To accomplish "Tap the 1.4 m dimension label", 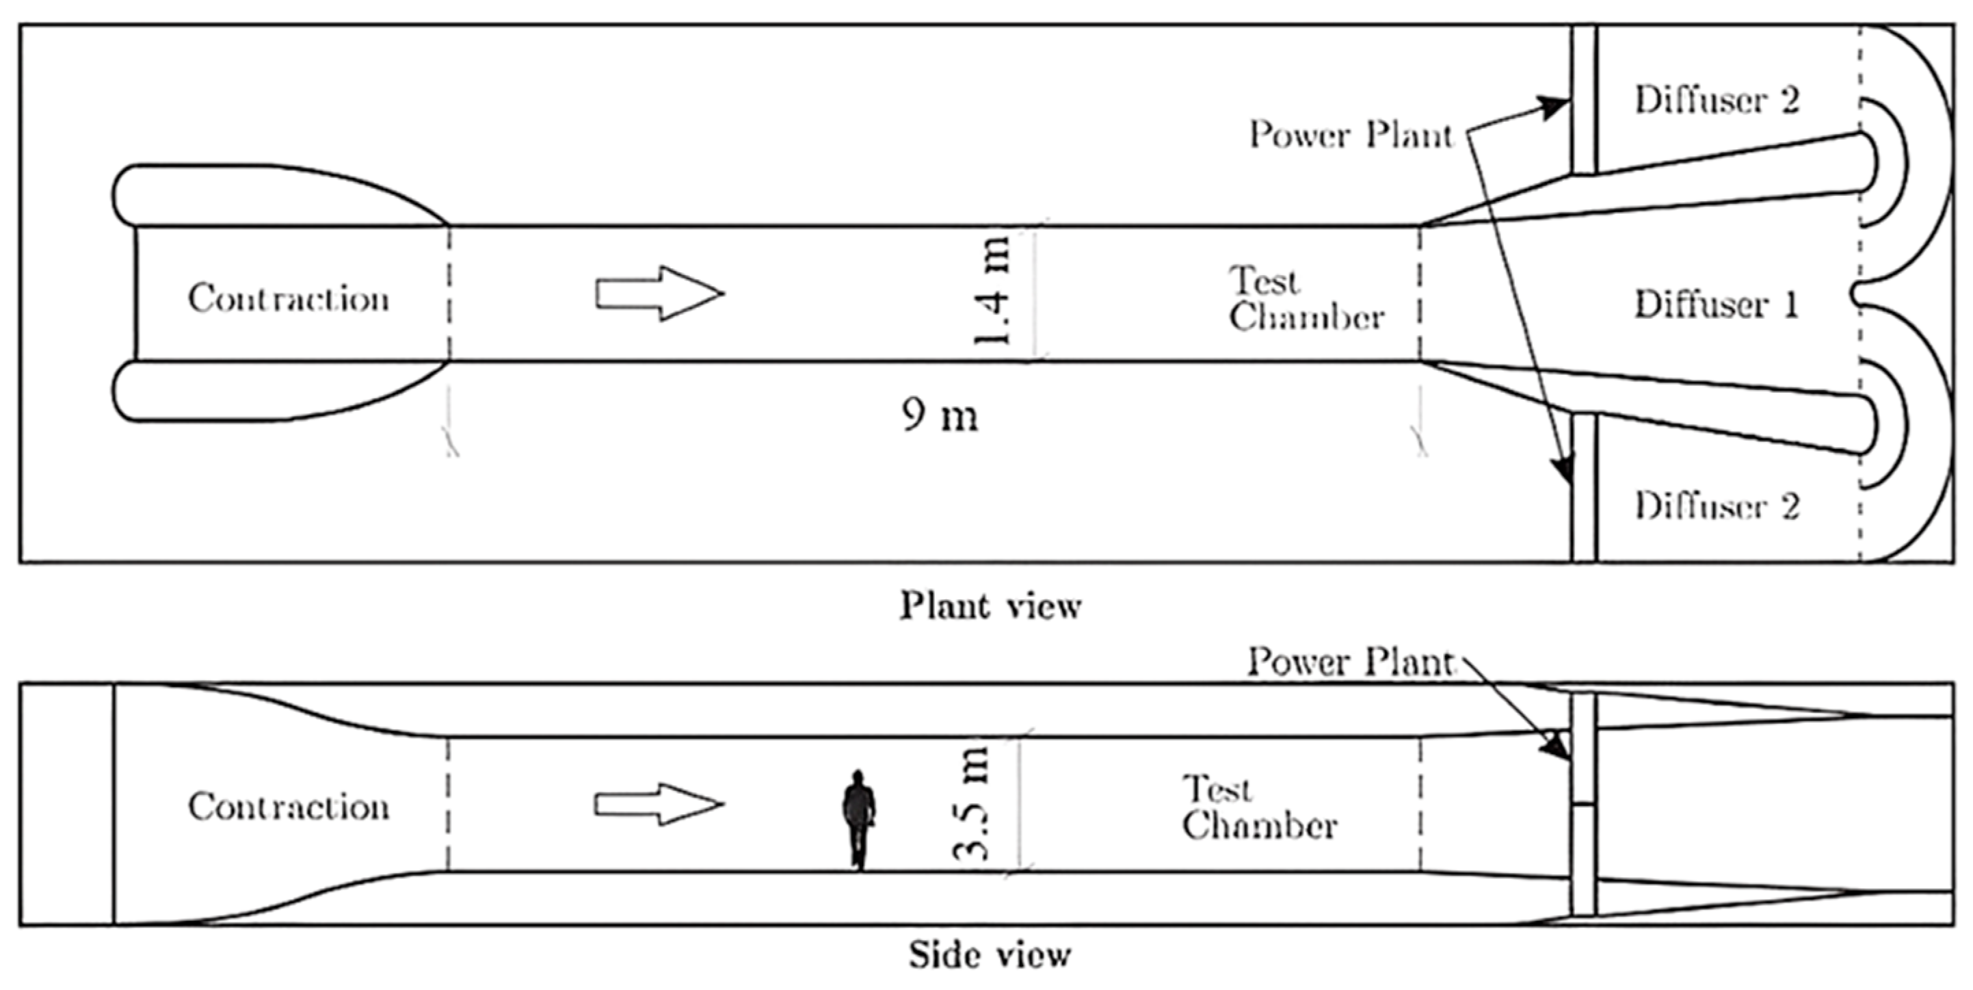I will pos(994,292).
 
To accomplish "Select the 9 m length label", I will pos(940,416).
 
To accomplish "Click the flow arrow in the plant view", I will pos(659,293).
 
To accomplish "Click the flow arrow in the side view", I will pos(659,804).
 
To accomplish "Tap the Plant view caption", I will pos(990,606).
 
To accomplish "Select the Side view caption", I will pos(990,954).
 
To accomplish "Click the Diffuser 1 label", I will pos(1716,304).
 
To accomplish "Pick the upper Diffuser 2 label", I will pos(1717,101).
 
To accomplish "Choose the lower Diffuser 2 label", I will pos(1717,506).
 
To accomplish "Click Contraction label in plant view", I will pos(289,299).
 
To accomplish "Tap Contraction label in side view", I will pos(289,807).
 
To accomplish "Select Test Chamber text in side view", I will pos(1259,807).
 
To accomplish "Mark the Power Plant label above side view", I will pos(1349,662).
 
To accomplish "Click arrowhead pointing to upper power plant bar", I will pos(1558,106).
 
